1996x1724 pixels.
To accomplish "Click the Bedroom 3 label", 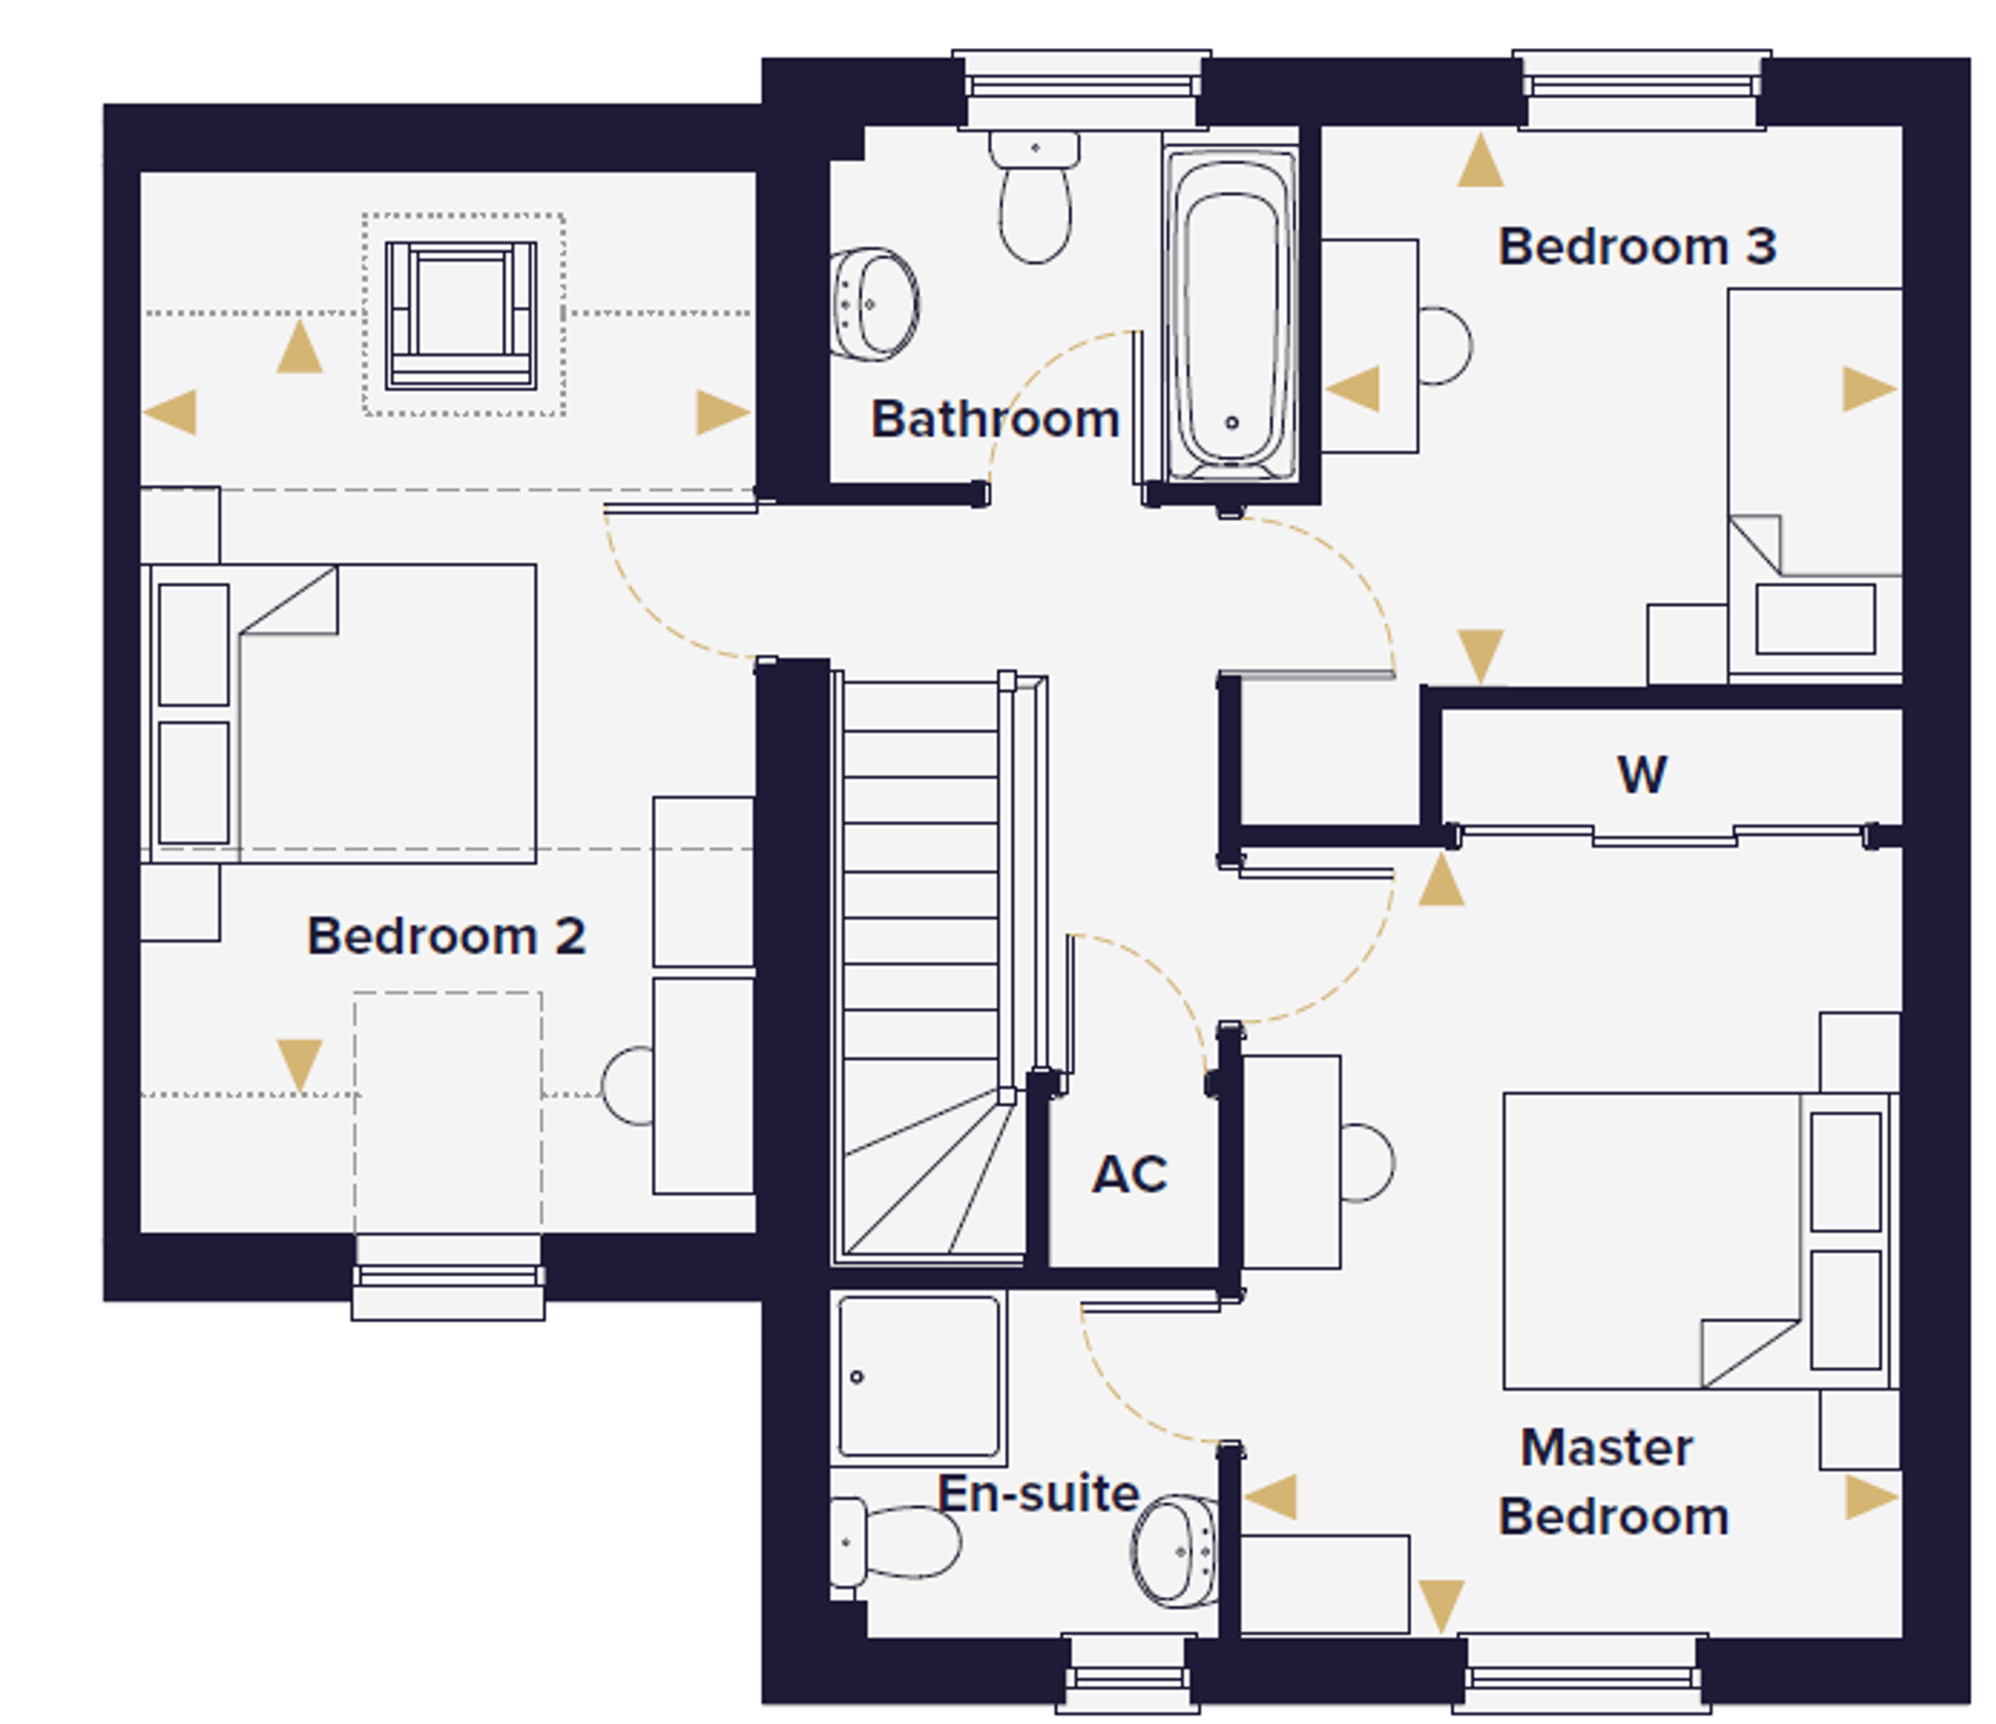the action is pos(1637,247).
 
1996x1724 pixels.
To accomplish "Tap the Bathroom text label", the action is pos(995,418).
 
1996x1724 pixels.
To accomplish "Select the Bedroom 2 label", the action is pos(446,935).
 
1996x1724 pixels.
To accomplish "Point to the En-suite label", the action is pos(1038,1493).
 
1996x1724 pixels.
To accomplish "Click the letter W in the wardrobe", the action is pos(1642,774).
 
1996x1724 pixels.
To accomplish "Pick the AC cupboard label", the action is pos(1130,1174).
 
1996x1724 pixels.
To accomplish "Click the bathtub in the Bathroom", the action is pos(1231,314).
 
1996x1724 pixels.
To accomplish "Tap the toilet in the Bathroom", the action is pos(1035,197).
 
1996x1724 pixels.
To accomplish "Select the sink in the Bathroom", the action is pos(874,303).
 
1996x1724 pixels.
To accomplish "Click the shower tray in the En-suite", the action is pos(918,1377).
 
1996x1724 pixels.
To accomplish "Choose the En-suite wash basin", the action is pos(1175,1550).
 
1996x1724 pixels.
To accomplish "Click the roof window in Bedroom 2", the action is pos(461,314).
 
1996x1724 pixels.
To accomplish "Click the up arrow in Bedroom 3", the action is pos(1480,161).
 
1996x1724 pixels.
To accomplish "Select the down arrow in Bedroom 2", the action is pos(299,1065).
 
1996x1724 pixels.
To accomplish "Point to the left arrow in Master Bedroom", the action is pos(1270,1497).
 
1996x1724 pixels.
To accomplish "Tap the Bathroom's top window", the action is pos(1082,90).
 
